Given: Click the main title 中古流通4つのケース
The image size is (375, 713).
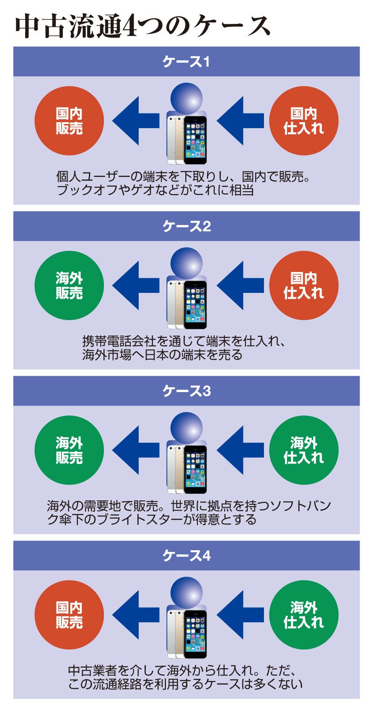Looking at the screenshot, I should [142, 26].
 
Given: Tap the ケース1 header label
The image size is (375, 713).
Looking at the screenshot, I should [186, 62].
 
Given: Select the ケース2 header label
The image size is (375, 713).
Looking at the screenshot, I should [186, 226].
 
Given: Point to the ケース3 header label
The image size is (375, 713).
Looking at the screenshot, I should [186, 391].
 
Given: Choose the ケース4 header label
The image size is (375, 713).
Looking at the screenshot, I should [186, 556].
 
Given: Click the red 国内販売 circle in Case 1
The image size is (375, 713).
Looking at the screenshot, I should [69, 121].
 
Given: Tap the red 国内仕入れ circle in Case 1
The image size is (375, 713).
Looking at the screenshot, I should [304, 121].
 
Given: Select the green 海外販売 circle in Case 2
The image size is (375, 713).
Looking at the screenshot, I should [69, 285].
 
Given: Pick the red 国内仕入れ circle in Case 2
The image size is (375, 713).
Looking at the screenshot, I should [304, 285].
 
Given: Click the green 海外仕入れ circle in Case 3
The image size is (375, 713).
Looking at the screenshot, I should [304, 450].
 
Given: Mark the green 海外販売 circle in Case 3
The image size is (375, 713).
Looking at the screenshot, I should [69, 450].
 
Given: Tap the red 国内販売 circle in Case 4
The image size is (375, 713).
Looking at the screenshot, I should [69, 615].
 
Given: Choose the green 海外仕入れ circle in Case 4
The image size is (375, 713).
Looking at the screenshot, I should [304, 615].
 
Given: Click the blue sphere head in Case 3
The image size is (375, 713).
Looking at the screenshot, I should [186, 429].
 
